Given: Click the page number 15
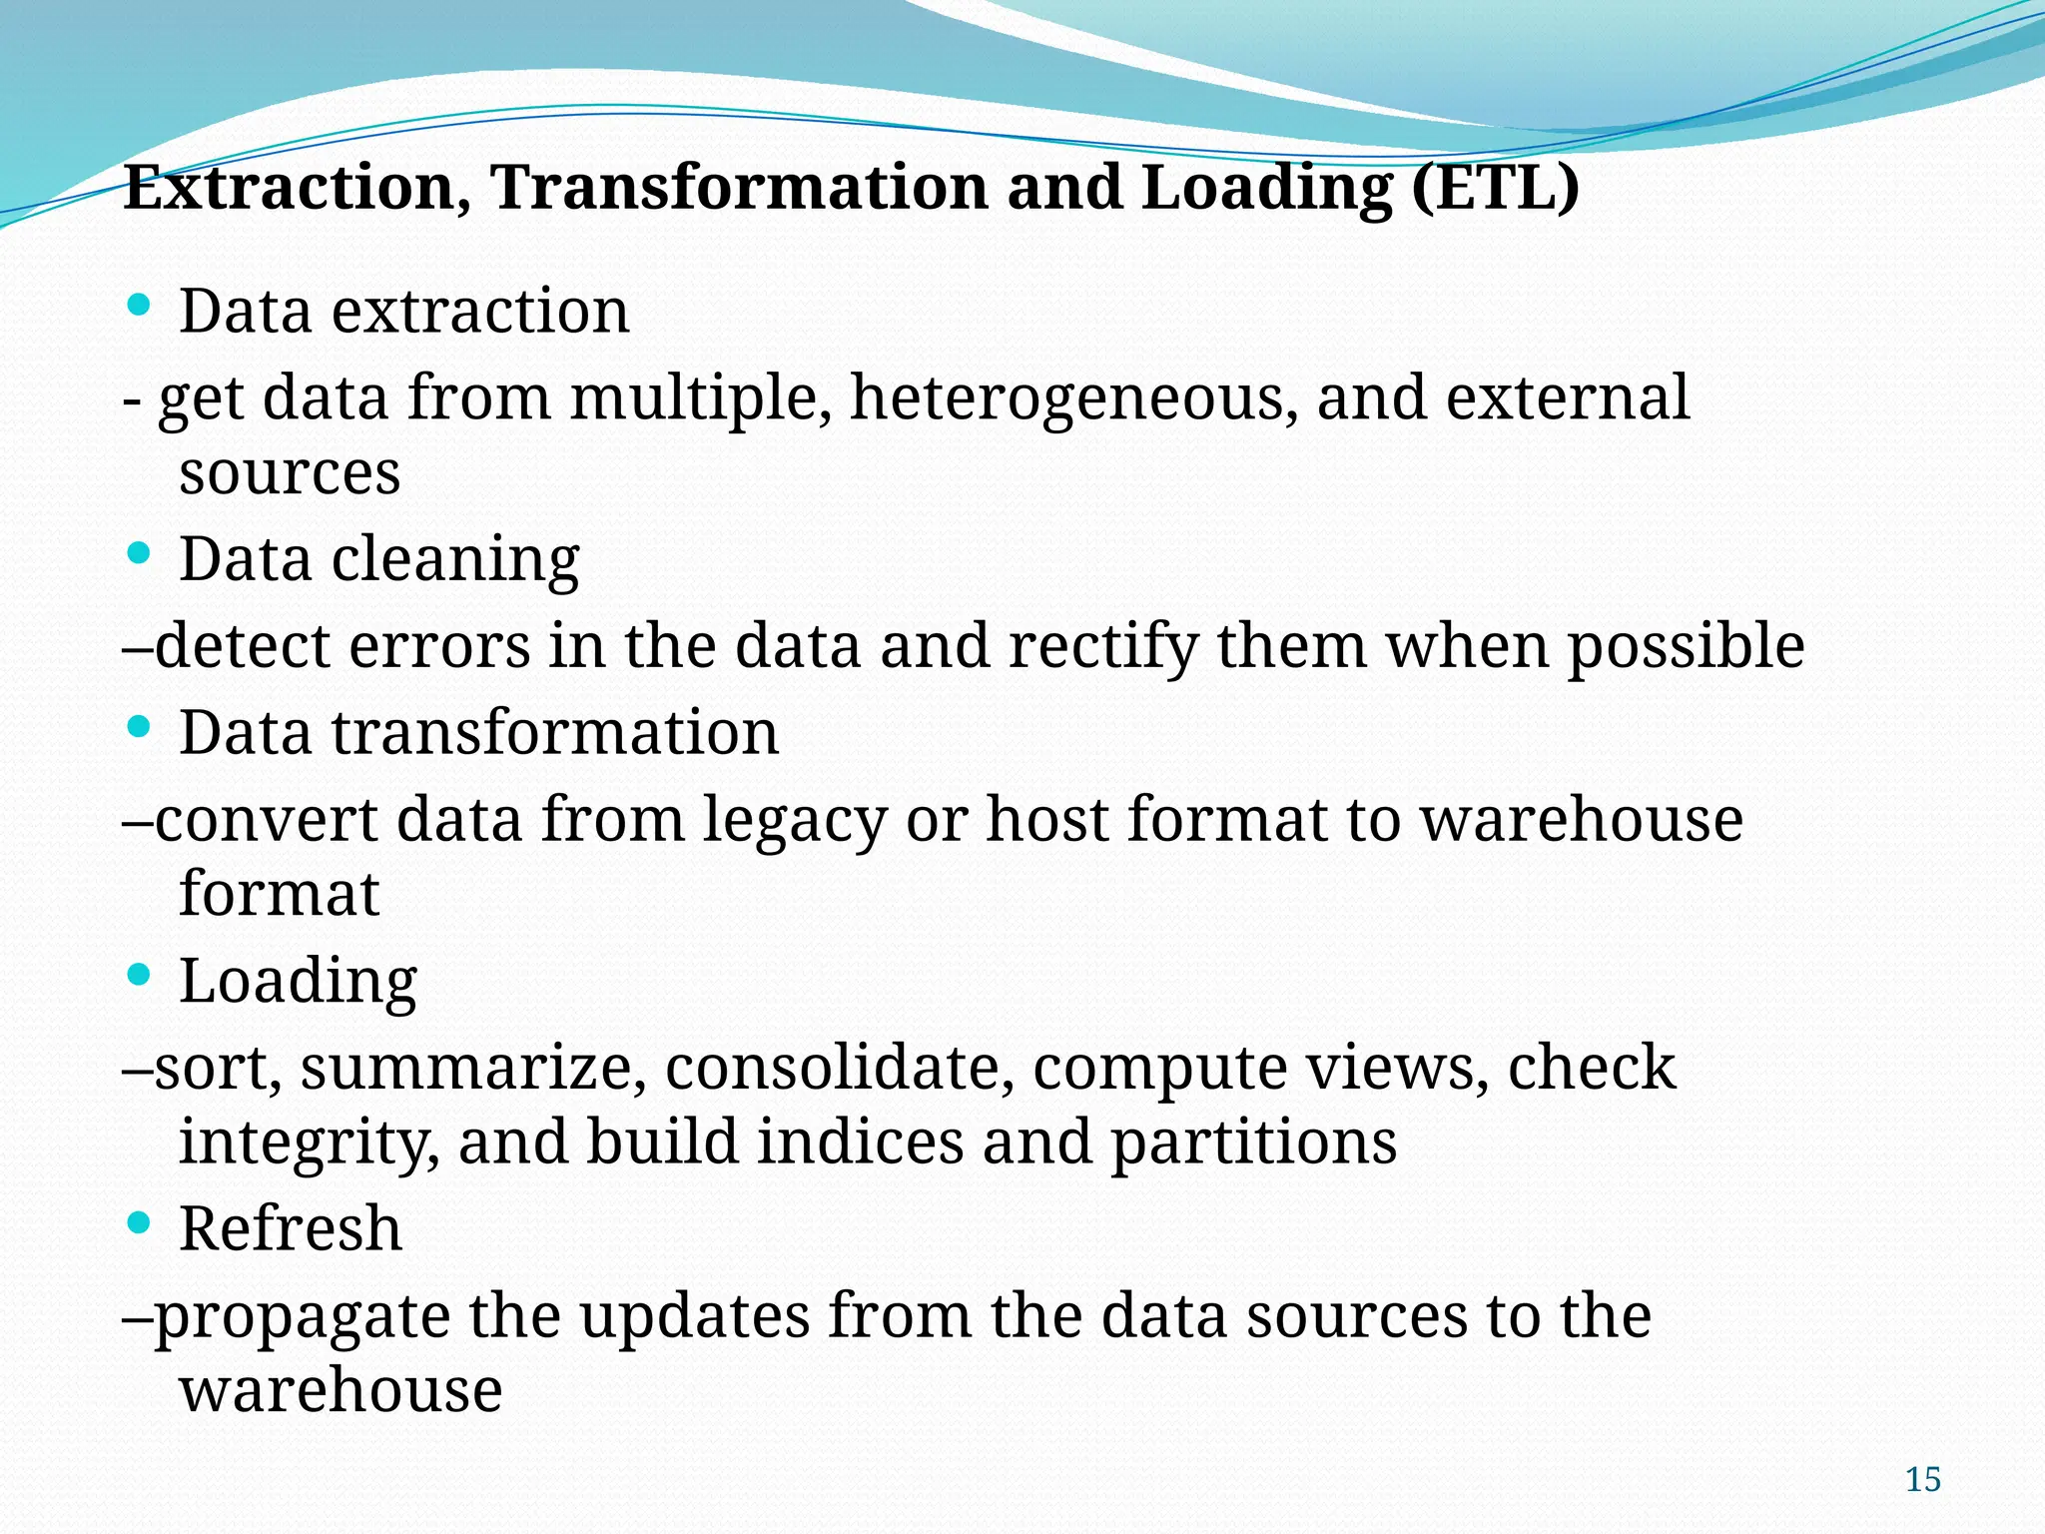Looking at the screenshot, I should click(x=1922, y=1479).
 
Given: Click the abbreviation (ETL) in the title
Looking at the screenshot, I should click(x=1496, y=187).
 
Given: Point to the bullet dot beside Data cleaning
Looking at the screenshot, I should click(x=140, y=551).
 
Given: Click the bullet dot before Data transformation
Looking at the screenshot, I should click(x=140, y=726).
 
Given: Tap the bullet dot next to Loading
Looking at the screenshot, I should click(x=140, y=974).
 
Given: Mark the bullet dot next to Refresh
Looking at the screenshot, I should click(x=140, y=1221).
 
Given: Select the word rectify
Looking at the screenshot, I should click(x=1102, y=646).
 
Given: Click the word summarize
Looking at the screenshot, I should click(x=466, y=1068).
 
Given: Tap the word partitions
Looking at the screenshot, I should click(x=1253, y=1142).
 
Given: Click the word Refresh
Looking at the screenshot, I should click(x=291, y=1228).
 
